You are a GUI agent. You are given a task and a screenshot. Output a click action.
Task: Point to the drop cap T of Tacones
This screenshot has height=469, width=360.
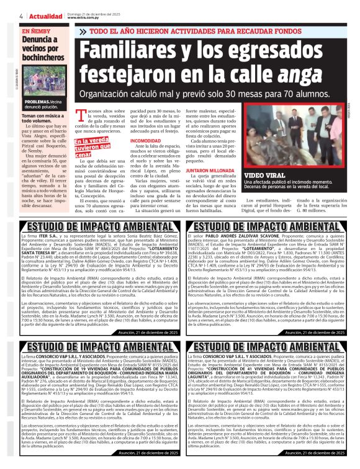pyautogui.click(x=80, y=114)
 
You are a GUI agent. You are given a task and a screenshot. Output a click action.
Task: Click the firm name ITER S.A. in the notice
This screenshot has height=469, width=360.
pyautogui.click(x=49, y=236)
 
